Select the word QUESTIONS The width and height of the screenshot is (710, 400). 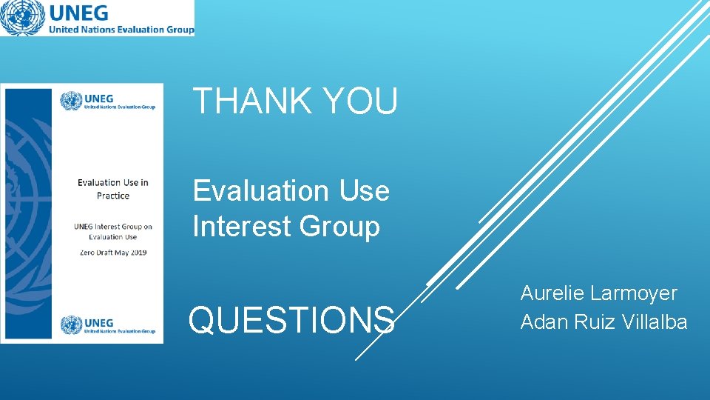[x=291, y=320]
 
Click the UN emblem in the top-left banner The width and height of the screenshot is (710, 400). [x=22, y=18]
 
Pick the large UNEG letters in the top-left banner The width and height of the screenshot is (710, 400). [x=78, y=13]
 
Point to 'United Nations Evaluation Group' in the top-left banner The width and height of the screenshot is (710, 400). [x=121, y=30]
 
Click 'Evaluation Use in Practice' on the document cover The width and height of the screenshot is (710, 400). [x=113, y=189]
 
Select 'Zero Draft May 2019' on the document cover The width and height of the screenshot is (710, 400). [x=113, y=252]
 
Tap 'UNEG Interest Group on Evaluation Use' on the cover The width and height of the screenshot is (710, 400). [x=113, y=231]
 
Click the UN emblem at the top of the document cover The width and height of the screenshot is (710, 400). [x=72, y=101]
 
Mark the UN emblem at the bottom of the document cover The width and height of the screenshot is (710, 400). [x=72, y=325]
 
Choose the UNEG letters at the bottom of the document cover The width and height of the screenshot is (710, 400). [x=100, y=322]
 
